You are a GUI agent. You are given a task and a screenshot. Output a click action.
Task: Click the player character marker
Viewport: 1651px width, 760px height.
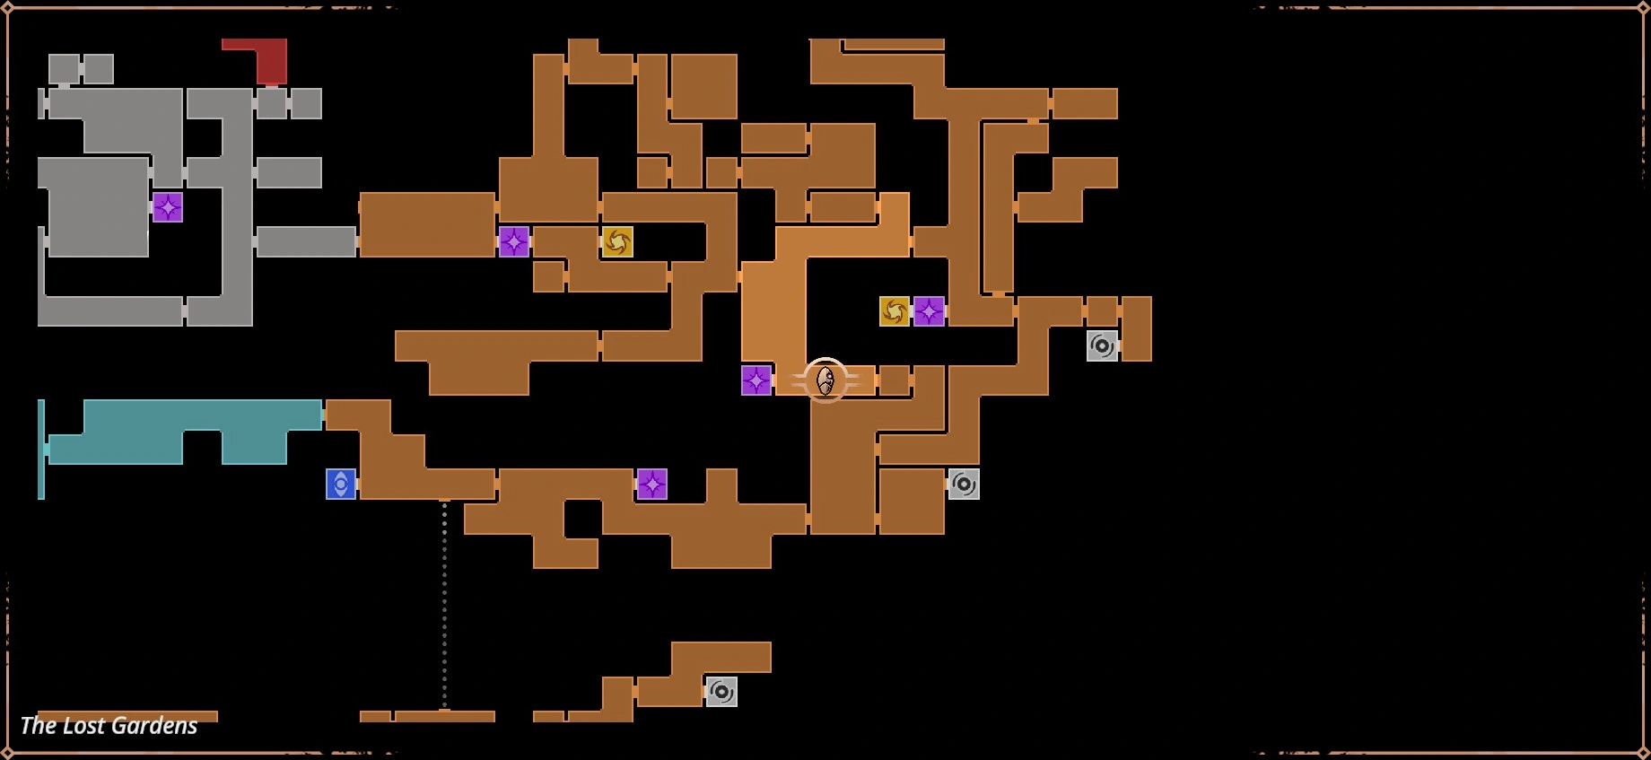click(825, 380)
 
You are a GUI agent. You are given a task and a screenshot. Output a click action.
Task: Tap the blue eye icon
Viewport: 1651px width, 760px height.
click(341, 485)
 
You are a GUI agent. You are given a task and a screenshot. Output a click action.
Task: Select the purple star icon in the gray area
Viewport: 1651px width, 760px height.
click(168, 207)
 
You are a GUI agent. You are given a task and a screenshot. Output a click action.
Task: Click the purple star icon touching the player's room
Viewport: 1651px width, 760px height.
click(756, 380)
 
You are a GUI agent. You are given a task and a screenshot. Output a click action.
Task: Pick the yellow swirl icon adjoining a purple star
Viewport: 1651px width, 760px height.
click(895, 311)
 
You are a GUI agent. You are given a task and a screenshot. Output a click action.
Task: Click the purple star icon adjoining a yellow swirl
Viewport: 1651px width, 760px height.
click(929, 311)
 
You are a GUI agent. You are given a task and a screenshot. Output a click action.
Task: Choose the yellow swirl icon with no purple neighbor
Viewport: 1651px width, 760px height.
click(617, 241)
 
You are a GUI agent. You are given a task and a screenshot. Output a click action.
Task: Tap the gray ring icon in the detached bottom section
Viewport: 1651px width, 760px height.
click(721, 692)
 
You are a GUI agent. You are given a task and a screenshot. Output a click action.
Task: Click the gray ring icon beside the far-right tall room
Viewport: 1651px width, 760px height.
click(1102, 345)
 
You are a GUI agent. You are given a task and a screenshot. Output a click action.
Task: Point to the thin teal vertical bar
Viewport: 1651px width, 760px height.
click(41, 449)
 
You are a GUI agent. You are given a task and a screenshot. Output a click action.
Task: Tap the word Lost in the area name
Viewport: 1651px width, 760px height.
click(77, 726)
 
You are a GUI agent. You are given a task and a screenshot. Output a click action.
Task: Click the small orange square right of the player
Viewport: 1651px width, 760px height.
click(894, 380)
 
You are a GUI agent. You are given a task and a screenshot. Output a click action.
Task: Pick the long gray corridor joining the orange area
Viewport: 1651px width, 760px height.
click(306, 241)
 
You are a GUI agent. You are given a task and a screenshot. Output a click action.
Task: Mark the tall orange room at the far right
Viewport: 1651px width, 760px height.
click(1137, 328)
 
